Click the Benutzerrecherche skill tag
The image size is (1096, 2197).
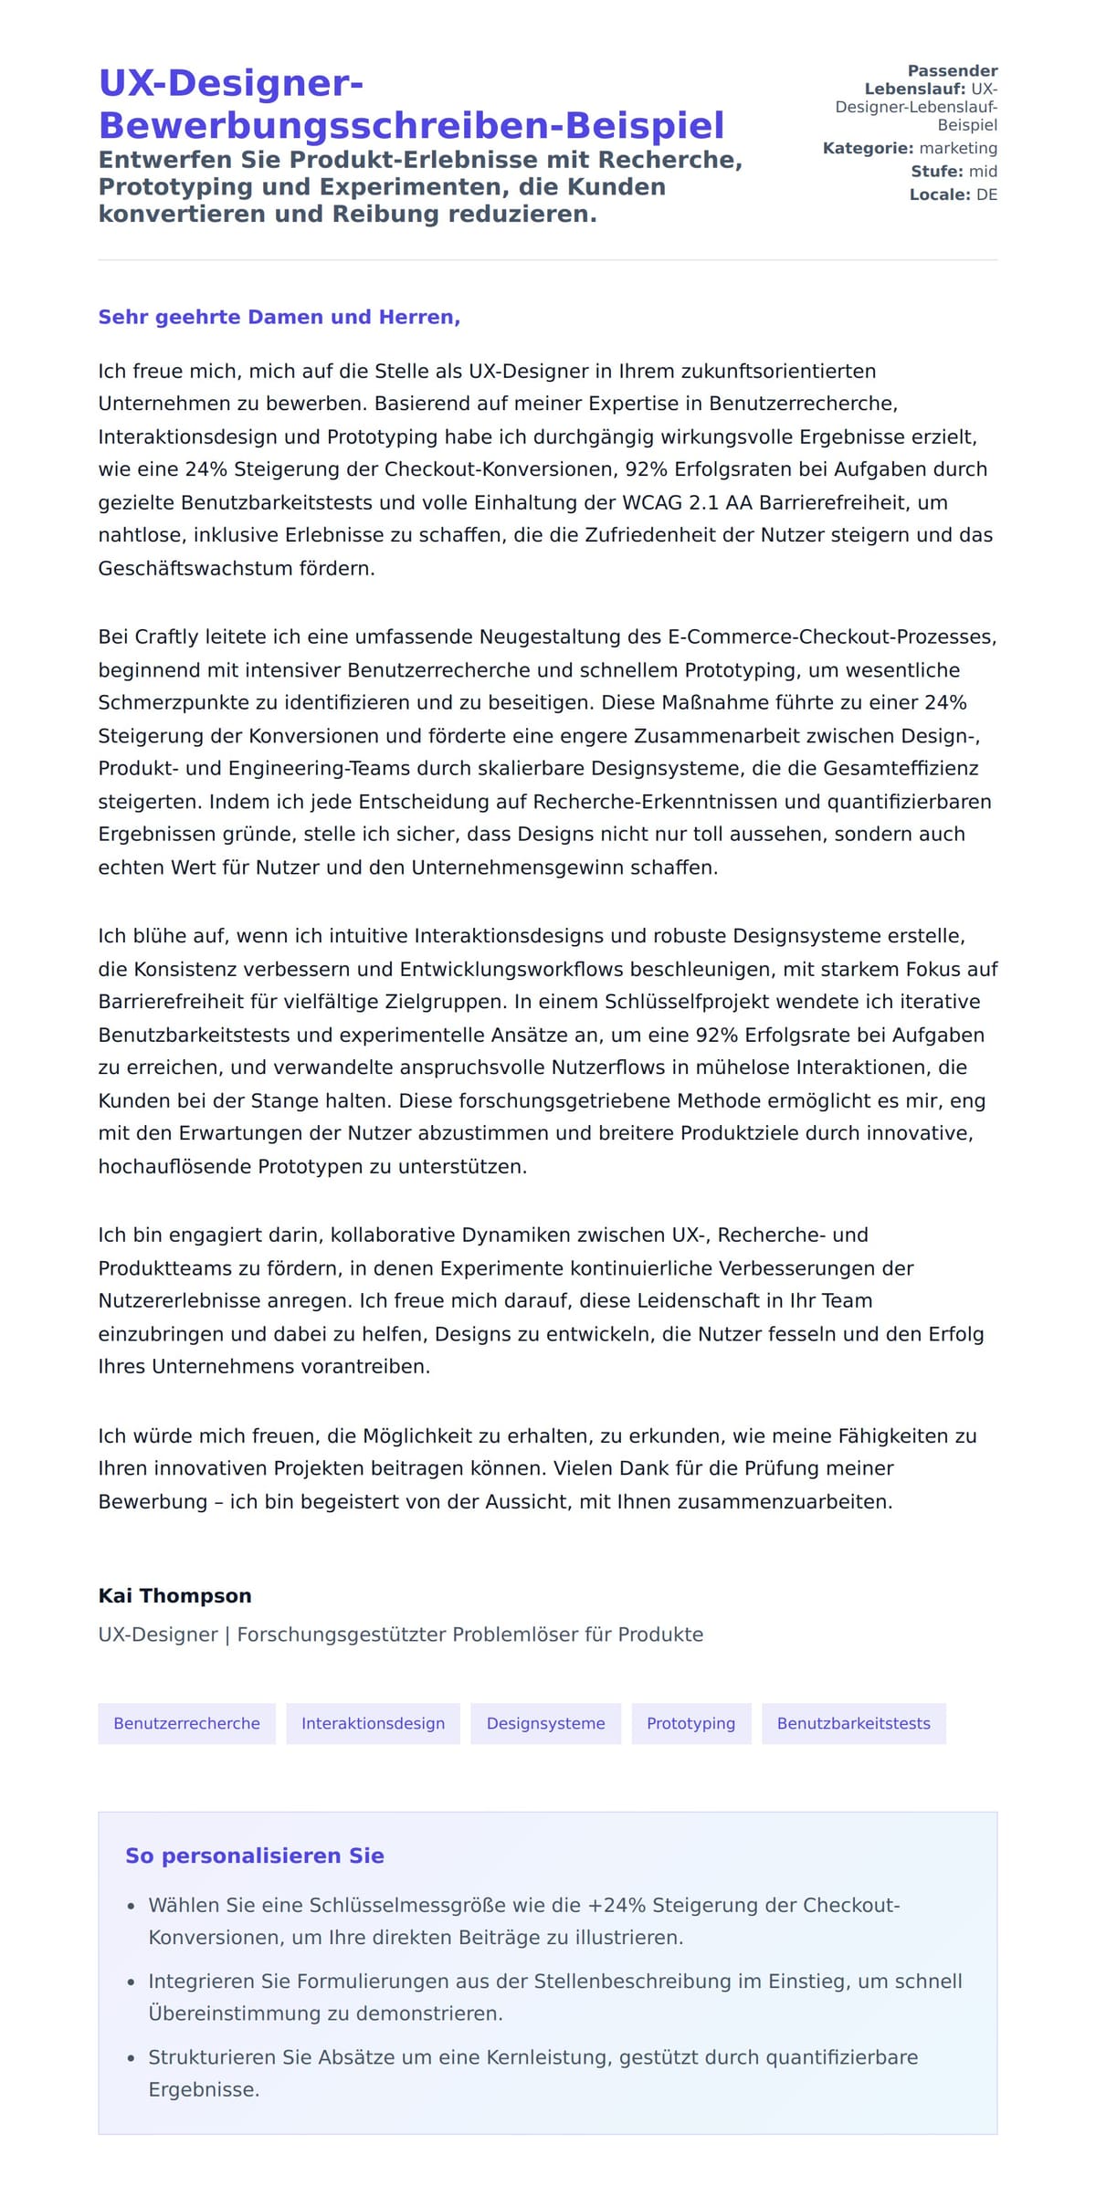pos(186,1723)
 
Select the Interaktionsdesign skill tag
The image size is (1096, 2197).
pos(373,1723)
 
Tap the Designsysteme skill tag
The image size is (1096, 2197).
pos(545,1723)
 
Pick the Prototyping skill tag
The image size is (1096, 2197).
pos(690,1723)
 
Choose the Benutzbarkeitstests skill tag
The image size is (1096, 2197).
pos(853,1723)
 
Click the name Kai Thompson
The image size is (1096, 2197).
pos(174,1595)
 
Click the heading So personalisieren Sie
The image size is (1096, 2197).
pos(254,1855)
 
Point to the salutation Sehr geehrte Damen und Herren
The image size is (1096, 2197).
pos(279,317)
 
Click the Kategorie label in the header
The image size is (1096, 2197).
pos(868,148)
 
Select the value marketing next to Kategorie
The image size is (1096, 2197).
pos(958,148)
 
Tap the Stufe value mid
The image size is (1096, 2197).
pos(983,172)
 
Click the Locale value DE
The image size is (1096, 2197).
pos(986,194)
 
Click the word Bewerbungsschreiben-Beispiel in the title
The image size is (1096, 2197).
pos(411,125)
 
